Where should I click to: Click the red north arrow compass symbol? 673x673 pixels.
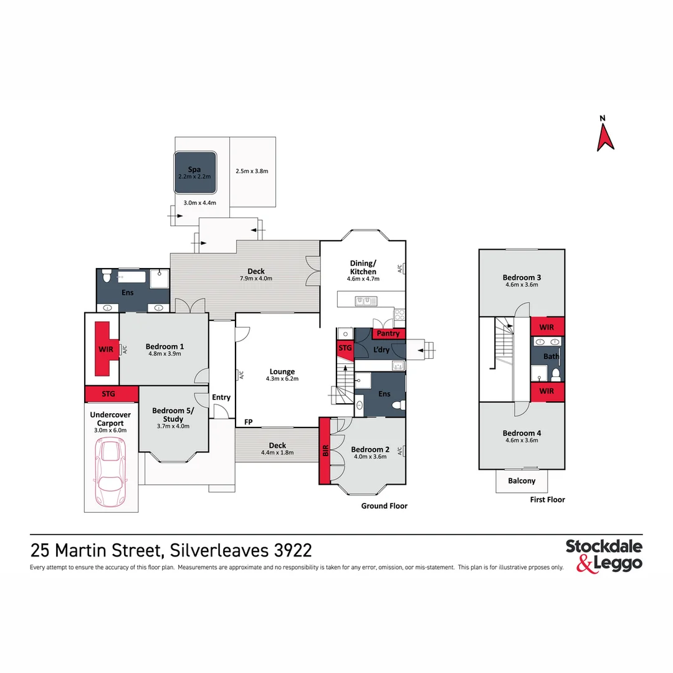tap(605, 138)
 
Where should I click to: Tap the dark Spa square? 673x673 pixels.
tap(195, 172)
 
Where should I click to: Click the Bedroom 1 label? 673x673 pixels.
tap(165, 346)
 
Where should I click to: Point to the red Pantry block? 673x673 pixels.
tap(388, 334)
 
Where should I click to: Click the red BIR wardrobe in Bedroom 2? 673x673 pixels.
tap(325, 451)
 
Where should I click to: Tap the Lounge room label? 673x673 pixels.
tap(282, 372)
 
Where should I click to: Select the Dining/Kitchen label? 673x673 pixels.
tap(363, 267)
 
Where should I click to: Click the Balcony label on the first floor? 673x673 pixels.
tap(522, 481)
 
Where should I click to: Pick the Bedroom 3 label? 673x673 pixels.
tap(522, 278)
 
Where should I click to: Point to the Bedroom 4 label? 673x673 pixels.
tap(522, 433)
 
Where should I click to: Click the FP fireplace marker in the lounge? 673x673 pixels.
tap(248, 422)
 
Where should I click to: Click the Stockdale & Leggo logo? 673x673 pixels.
tap(603, 555)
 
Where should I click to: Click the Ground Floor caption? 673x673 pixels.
tap(384, 506)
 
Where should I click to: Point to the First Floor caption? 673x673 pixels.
tap(547, 500)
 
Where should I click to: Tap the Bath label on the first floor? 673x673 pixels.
tap(551, 356)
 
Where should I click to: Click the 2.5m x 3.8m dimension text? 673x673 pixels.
tap(252, 171)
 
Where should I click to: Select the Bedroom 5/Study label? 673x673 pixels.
tap(173, 415)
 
